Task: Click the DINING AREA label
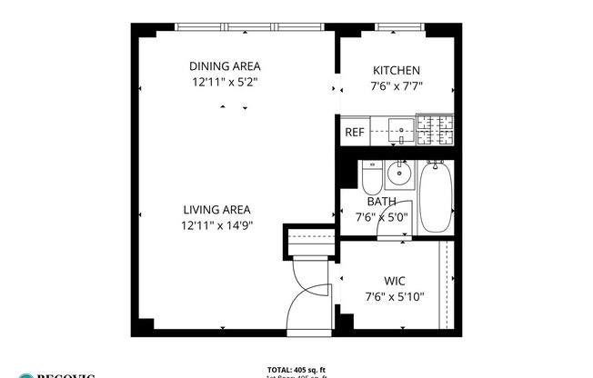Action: (225, 65)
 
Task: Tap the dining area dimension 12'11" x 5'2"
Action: (225, 82)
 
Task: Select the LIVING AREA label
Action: (216, 209)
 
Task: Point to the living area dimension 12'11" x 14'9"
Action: (216, 225)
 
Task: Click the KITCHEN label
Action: (397, 71)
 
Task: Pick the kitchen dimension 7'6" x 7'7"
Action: (397, 87)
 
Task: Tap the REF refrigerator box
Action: (354, 133)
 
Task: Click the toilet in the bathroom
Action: (370, 175)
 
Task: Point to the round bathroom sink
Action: (397, 173)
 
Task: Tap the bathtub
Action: (435, 197)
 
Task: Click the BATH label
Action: (381, 202)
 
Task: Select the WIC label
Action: (394, 280)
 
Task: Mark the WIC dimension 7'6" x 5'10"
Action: (394, 296)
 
